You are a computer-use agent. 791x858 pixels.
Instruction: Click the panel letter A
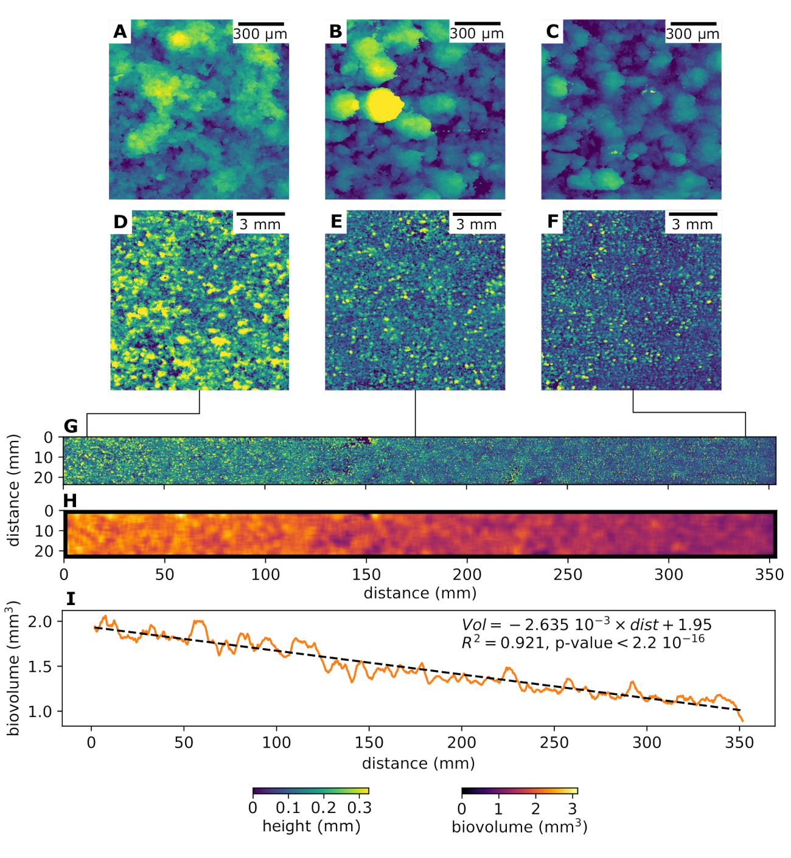(120, 32)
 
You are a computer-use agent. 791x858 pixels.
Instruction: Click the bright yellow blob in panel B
(383, 106)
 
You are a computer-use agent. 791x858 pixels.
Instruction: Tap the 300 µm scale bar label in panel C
(692, 34)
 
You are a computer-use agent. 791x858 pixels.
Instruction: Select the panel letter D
(120, 222)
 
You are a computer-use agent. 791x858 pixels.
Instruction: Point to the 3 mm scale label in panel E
(476, 224)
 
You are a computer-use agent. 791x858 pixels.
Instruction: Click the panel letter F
(552, 222)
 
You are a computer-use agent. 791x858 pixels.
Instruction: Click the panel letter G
(71, 426)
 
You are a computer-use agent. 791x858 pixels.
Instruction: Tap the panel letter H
(70, 500)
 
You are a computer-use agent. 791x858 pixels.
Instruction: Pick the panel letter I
(71, 599)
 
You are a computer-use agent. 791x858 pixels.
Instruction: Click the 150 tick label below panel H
(366, 575)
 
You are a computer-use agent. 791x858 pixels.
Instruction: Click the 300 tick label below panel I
(647, 742)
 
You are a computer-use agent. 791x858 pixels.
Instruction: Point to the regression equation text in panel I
(587, 624)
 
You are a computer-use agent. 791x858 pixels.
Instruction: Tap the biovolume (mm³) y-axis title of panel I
(13, 668)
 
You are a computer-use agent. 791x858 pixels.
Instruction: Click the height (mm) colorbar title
(311, 826)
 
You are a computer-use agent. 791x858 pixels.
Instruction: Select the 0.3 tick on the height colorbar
(359, 808)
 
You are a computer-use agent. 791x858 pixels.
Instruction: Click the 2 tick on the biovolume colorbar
(535, 809)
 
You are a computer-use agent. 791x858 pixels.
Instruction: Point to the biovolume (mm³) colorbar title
(519, 827)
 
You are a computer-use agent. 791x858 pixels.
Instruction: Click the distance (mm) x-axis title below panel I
(418, 763)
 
